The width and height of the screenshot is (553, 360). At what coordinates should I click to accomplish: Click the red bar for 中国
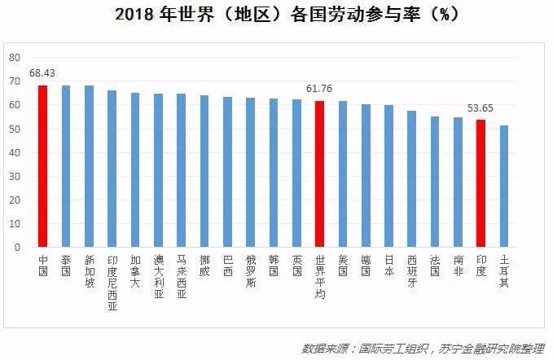click(42, 166)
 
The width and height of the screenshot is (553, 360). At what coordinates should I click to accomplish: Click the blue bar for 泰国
click(66, 166)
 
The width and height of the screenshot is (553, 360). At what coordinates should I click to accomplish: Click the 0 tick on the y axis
click(16, 247)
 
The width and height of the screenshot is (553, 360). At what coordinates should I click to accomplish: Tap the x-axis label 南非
click(458, 265)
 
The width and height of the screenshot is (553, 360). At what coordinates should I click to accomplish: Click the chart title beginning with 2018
click(276, 15)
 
